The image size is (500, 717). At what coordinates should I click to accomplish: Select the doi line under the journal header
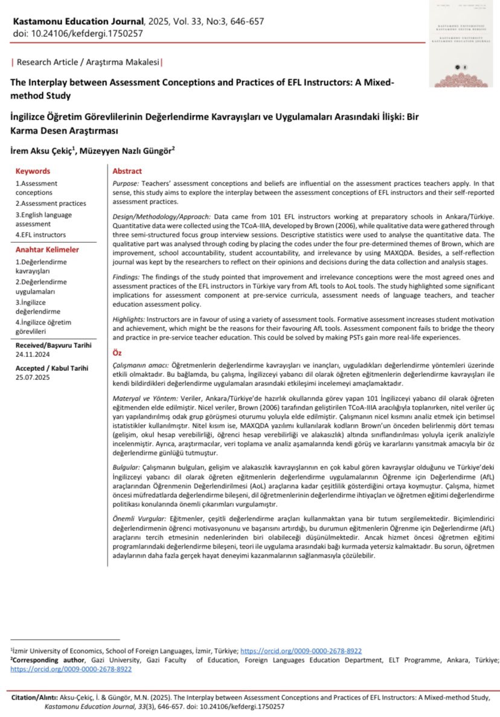[77, 33]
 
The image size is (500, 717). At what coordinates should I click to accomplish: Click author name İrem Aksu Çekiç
[49, 150]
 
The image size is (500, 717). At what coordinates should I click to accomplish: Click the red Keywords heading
[33, 171]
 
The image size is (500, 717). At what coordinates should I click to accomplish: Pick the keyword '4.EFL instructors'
[41, 234]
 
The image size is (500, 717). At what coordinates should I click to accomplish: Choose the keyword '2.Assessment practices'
[51, 204]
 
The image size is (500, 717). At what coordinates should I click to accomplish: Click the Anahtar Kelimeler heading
[47, 249]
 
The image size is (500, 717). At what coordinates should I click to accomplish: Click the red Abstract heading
[127, 171]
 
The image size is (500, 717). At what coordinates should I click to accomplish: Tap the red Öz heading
[118, 352]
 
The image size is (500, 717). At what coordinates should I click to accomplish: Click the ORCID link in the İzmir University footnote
[301, 651]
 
